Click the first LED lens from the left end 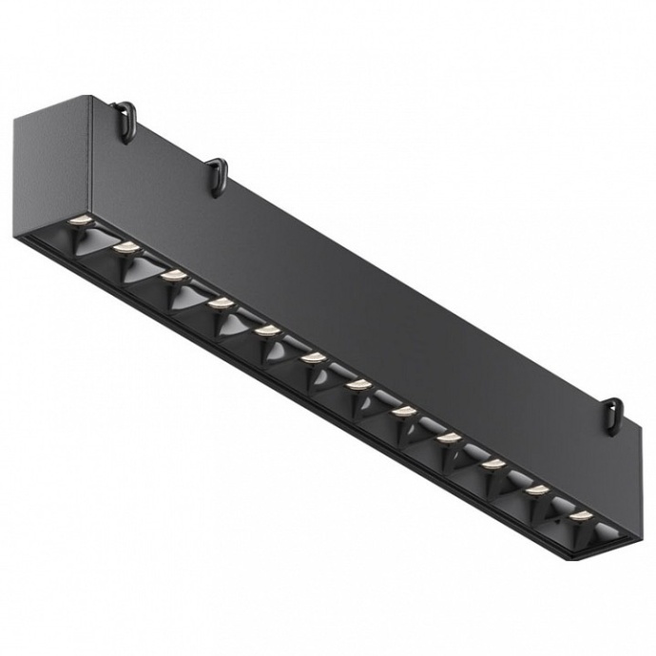[77, 222]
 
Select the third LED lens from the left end [172, 276]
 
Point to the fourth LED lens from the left [220, 303]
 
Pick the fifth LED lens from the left [266, 330]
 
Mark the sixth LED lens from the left [313, 357]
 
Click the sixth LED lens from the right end [358, 384]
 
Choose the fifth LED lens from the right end [403, 411]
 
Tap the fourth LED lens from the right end [449, 437]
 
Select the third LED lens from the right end [492, 464]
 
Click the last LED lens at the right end [581, 516]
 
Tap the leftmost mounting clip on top [125, 123]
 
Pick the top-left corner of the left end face [18, 118]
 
